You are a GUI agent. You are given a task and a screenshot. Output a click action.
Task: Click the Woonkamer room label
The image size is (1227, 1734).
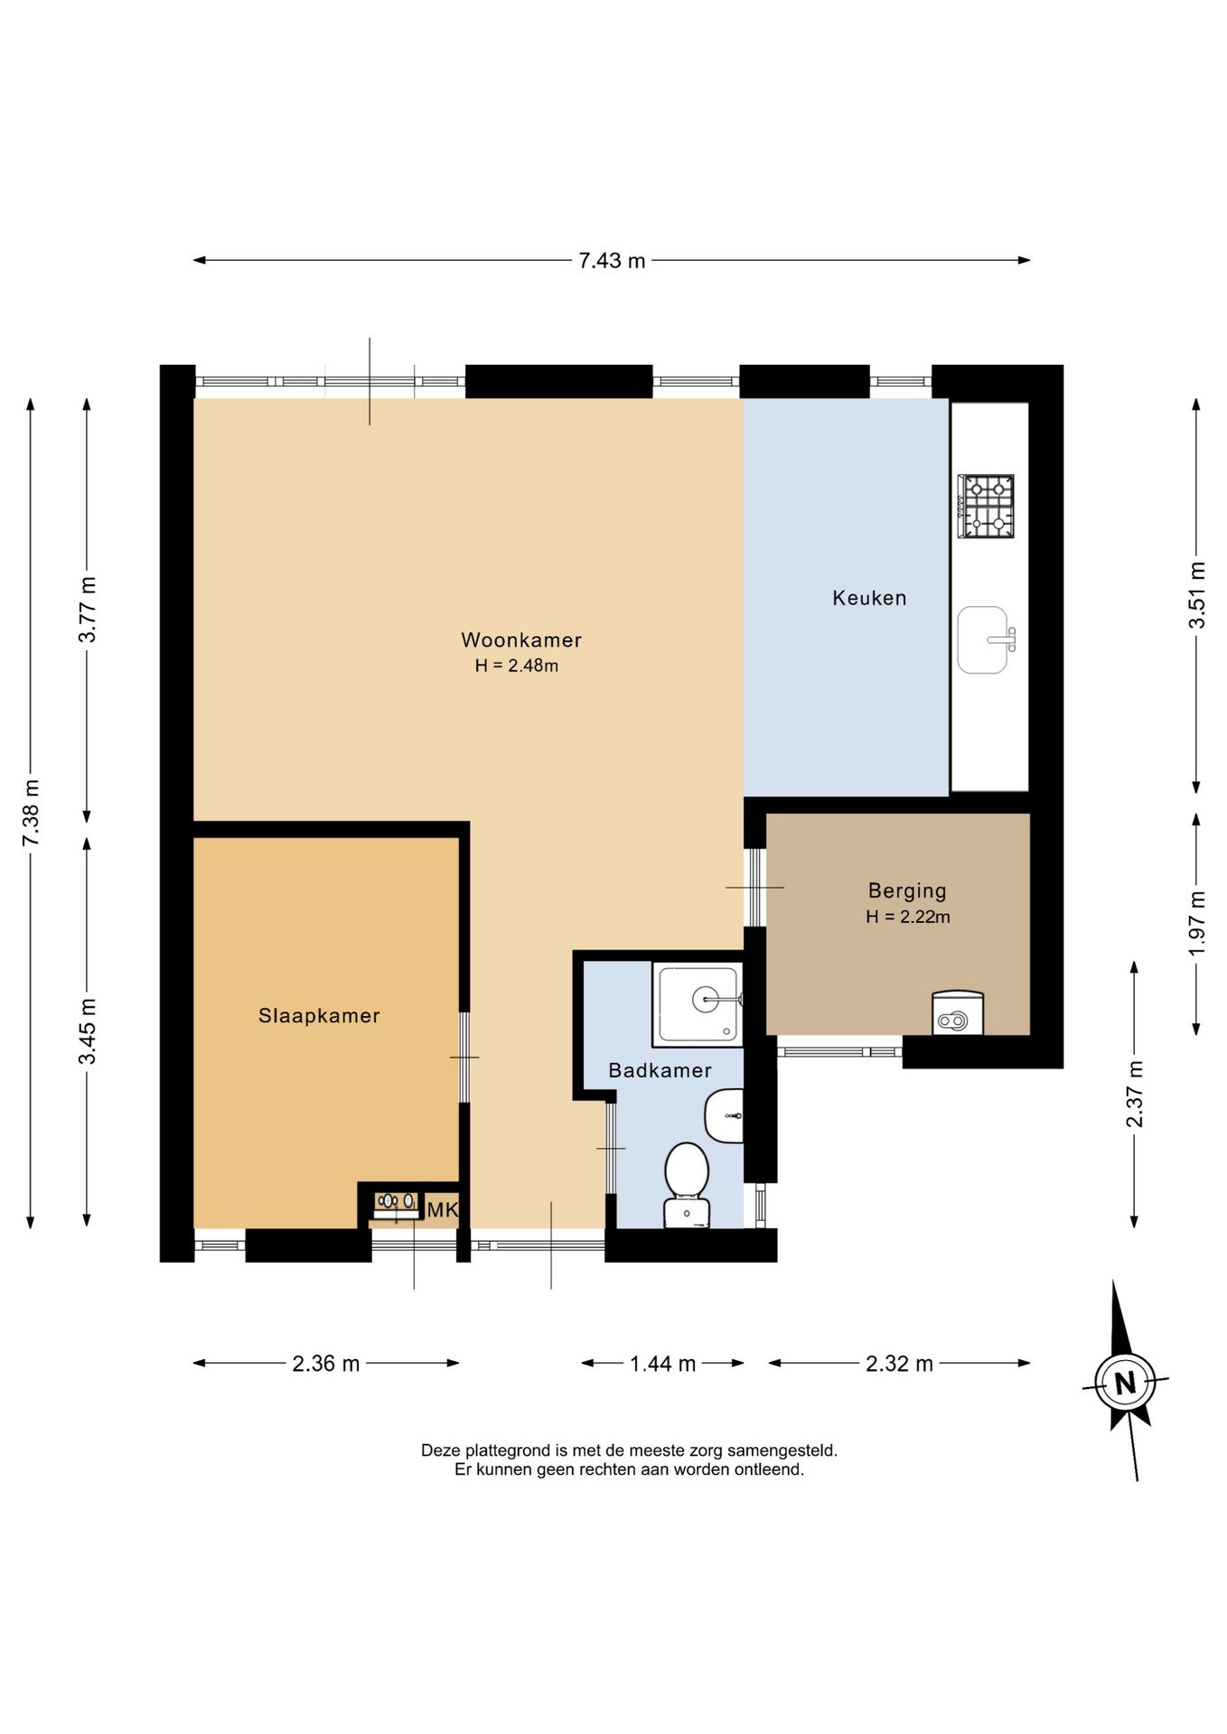(x=521, y=640)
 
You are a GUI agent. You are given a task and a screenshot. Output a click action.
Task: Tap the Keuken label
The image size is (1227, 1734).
(x=869, y=598)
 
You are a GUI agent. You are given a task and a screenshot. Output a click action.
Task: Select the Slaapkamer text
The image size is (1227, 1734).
(x=319, y=1016)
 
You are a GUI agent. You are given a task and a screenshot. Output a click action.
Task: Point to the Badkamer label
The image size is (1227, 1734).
(x=660, y=1070)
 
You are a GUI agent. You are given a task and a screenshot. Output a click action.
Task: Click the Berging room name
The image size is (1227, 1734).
(x=907, y=891)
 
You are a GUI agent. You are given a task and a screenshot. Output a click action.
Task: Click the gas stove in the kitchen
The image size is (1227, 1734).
(x=986, y=507)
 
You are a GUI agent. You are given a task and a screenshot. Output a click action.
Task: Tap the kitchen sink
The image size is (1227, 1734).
(x=986, y=640)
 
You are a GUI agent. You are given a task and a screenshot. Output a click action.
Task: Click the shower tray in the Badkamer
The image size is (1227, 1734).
(x=698, y=1003)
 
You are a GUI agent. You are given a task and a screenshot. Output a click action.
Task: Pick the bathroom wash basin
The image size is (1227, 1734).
(x=725, y=1115)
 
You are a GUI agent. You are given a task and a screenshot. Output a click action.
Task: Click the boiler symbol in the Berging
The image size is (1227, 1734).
(x=957, y=1013)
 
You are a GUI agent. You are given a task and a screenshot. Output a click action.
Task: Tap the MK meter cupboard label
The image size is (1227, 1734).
(x=443, y=1210)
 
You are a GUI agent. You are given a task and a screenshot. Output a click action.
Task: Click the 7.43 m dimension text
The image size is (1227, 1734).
(x=612, y=261)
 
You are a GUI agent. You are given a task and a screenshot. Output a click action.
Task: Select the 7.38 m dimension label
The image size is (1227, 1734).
(x=31, y=813)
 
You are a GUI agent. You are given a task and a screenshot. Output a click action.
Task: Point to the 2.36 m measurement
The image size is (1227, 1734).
(x=325, y=1364)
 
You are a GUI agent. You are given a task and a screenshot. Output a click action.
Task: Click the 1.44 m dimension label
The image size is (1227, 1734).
(x=662, y=1364)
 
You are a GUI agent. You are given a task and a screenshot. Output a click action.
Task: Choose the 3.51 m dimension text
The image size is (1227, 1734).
(x=1196, y=596)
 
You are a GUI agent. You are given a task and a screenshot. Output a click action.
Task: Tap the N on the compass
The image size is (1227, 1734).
(x=1125, y=1383)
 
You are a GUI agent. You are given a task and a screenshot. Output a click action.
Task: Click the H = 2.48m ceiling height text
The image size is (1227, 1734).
(x=517, y=667)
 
